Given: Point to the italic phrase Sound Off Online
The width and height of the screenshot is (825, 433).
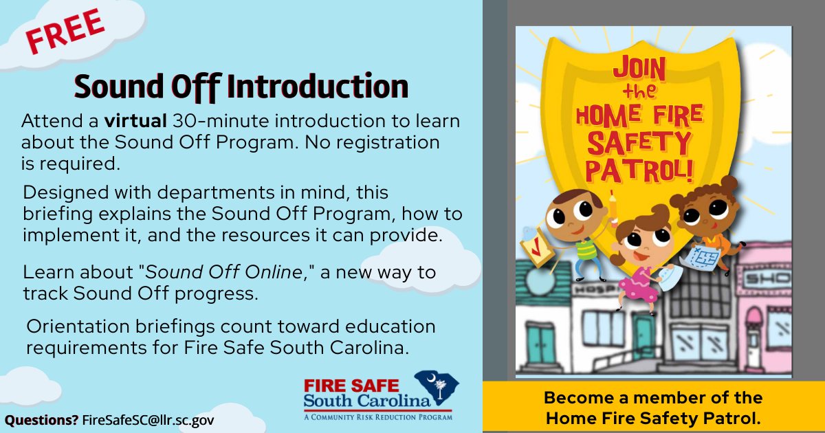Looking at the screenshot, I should pyautogui.click(x=225, y=271).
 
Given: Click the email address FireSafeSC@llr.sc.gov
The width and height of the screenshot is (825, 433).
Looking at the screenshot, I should pyautogui.click(x=148, y=419).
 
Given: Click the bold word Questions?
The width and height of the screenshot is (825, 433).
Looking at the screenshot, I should pyautogui.click(x=41, y=419).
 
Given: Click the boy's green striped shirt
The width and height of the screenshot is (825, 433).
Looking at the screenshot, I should pyautogui.click(x=586, y=248).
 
